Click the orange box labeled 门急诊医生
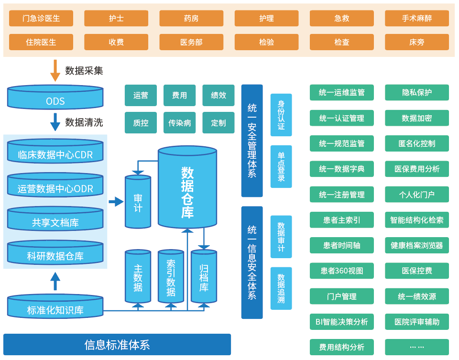pyautogui.click(x=41, y=19)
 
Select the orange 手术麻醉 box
pyautogui.click(x=416, y=19)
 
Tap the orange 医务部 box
pyautogui.click(x=191, y=42)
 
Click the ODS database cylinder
pyautogui.click(x=55, y=98)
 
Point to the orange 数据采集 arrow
pyautogui.click(x=55, y=70)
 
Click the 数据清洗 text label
pyautogui.click(x=84, y=122)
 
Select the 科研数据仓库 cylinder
pyautogui.click(x=55, y=253)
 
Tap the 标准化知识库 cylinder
pyautogui.click(x=55, y=307)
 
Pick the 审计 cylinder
pyautogui.click(x=138, y=202)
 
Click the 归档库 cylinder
pyautogui.click(x=204, y=277)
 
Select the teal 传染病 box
pyautogui.click(x=179, y=123)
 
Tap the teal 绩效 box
pyautogui.click(x=219, y=95)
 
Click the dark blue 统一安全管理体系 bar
pyautogui.click(x=252, y=141)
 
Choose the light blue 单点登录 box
pyautogui.click(x=281, y=167)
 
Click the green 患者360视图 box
pyautogui.click(x=342, y=271)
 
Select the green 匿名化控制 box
pyautogui.click(x=416, y=143)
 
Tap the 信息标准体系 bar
pyautogui.click(x=117, y=345)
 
